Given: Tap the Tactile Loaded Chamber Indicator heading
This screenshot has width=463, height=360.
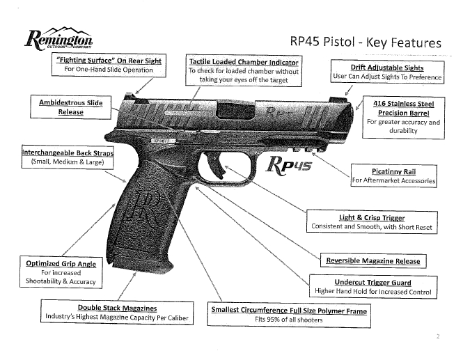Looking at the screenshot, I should click(x=244, y=62).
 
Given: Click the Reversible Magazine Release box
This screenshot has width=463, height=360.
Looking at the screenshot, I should click(x=374, y=260).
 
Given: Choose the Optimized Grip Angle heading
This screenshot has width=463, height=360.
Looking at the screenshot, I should click(x=61, y=264).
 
